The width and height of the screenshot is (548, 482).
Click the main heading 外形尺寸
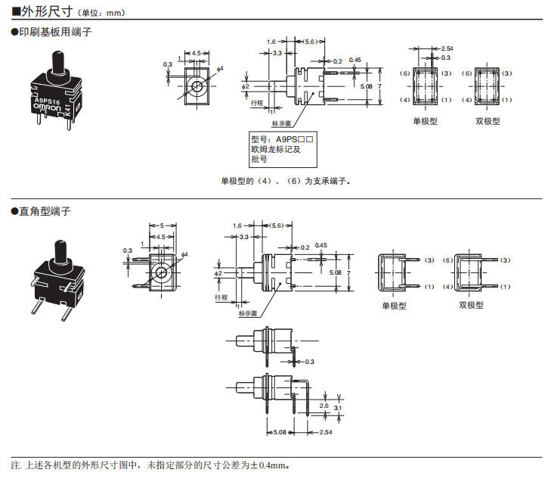48,11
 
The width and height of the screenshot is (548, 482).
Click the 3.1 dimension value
338,409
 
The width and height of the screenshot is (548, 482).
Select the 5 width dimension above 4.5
163,225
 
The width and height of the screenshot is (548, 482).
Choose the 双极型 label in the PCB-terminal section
488,121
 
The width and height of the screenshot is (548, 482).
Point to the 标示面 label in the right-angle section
248,313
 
